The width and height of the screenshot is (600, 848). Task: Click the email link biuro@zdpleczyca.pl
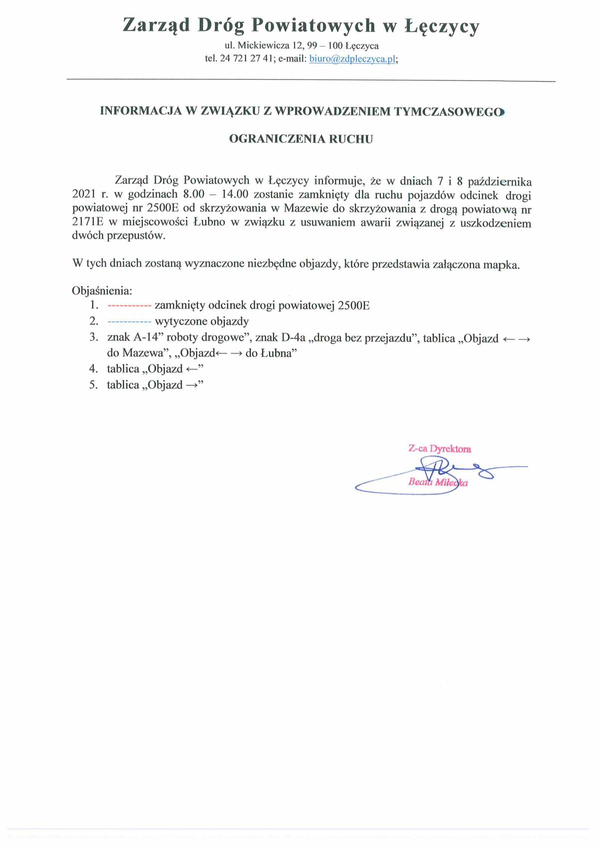click(352, 59)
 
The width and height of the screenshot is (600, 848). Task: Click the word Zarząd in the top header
click(156, 25)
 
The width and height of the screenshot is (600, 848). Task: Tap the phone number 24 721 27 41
click(247, 59)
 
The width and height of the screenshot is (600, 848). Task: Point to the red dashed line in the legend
click(129, 306)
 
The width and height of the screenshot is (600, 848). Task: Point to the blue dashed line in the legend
click(129, 322)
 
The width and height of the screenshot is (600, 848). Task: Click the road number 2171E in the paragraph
click(87, 222)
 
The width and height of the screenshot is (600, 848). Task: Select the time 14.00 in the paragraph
click(231, 195)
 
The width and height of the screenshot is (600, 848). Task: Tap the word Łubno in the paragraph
click(209, 222)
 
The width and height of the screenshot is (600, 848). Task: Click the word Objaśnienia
click(102, 291)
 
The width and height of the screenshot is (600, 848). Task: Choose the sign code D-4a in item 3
click(293, 338)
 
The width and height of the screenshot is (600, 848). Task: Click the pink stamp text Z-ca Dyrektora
click(439, 448)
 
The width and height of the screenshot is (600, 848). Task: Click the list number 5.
click(93, 385)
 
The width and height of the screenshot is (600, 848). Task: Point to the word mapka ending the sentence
click(501, 264)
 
